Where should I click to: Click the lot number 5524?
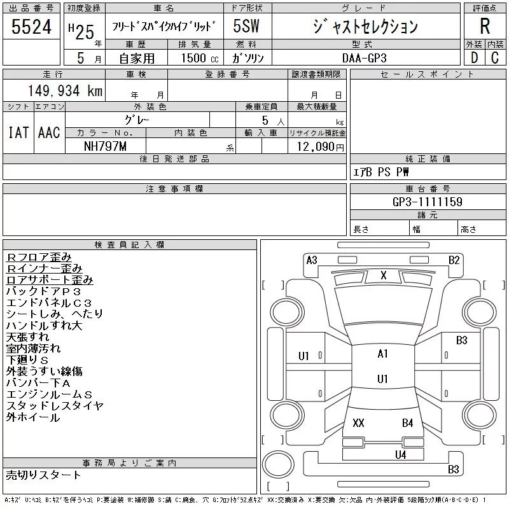click(x=32, y=27)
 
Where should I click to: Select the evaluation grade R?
click(x=485, y=27)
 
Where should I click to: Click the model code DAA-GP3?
click(x=365, y=58)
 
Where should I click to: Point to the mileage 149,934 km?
click(x=65, y=91)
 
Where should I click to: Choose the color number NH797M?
click(x=106, y=146)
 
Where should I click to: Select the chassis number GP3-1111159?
click(x=428, y=202)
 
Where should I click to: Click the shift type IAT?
click(x=18, y=132)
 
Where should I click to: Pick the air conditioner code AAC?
click(x=49, y=132)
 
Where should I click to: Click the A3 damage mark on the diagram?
click(x=312, y=260)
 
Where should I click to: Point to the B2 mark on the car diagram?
click(x=454, y=260)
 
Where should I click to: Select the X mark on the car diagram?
click(x=383, y=275)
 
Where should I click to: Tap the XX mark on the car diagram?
click(x=358, y=423)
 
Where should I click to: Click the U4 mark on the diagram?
click(x=400, y=454)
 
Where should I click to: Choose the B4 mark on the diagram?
click(x=407, y=423)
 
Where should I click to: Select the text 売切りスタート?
click(x=44, y=475)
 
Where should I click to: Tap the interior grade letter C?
click(x=495, y=58)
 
